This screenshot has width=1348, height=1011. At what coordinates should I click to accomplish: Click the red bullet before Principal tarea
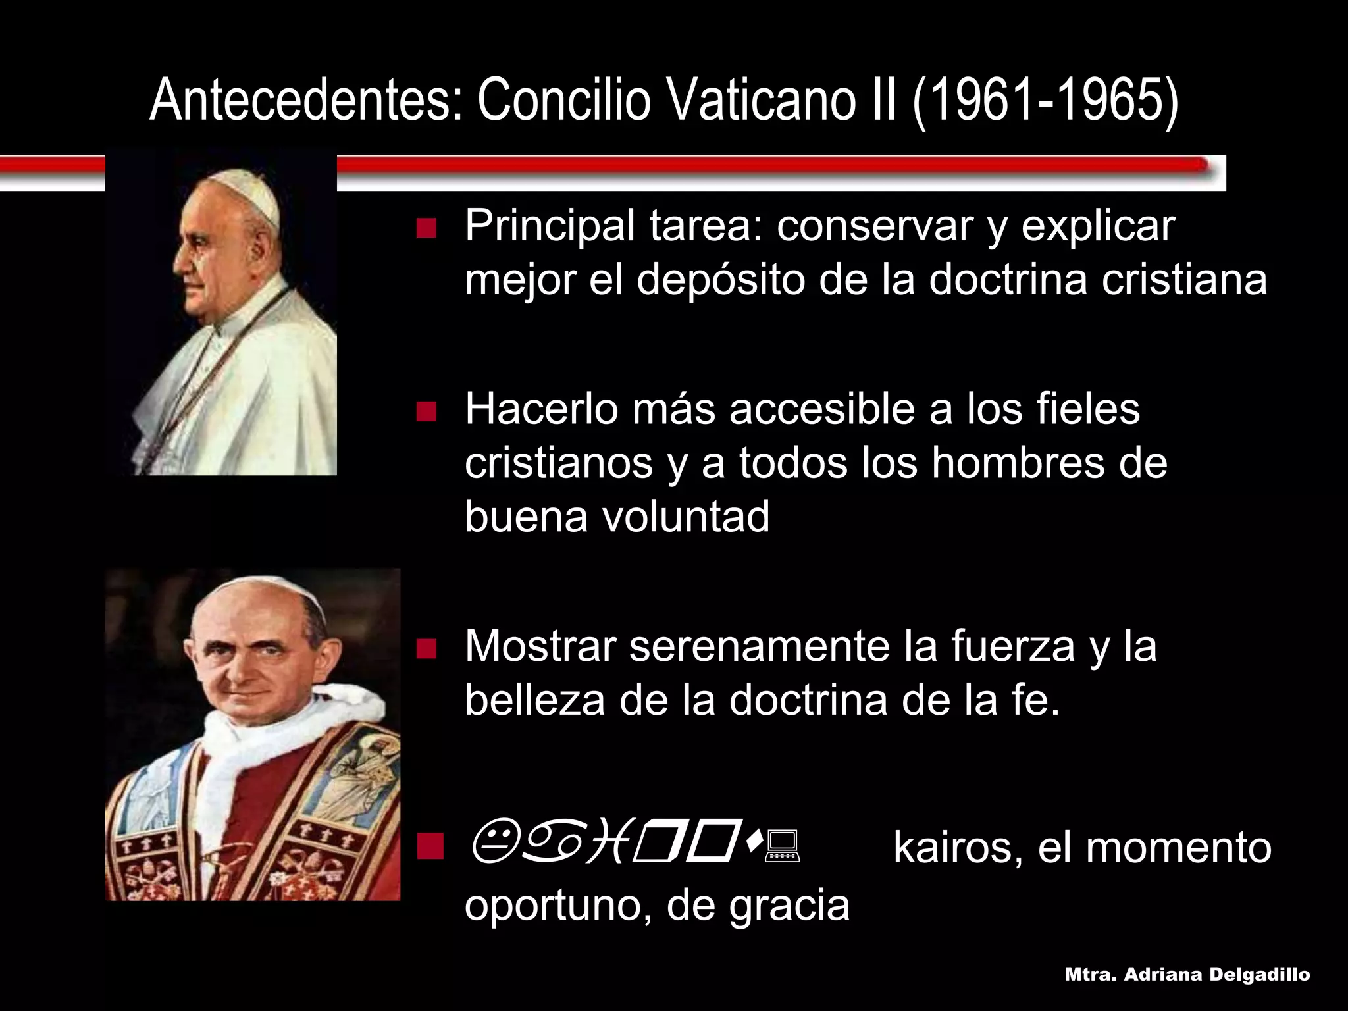point(427,228)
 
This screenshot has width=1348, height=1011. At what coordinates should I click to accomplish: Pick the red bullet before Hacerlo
point(427,411)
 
